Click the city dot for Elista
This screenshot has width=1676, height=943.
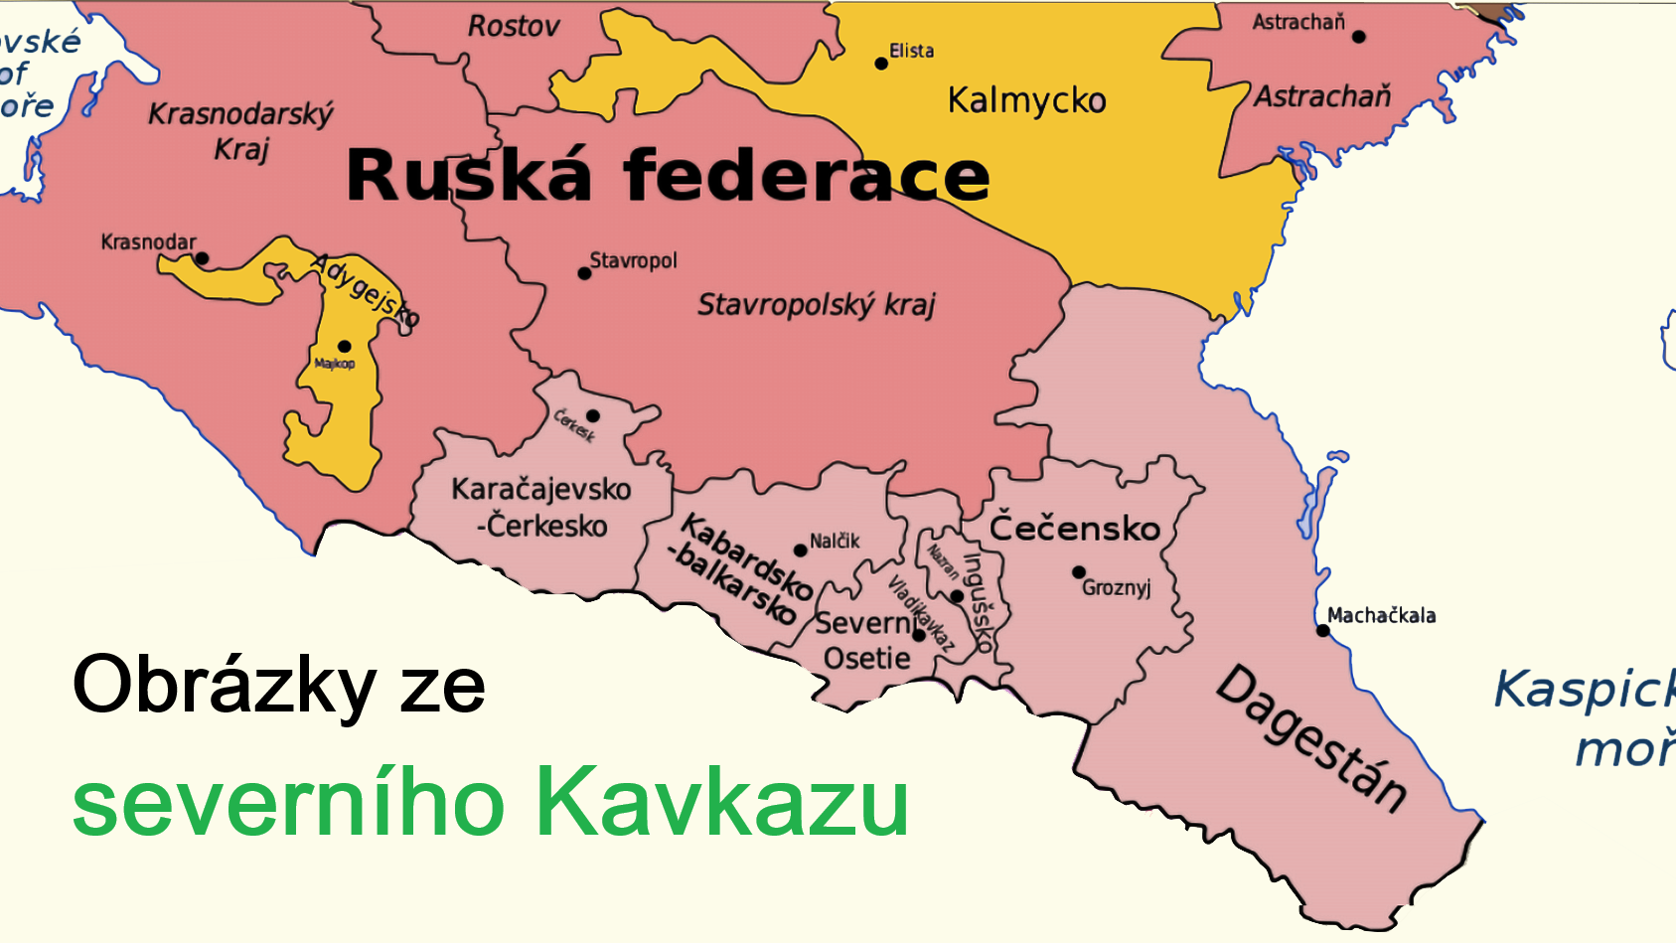[881, 64]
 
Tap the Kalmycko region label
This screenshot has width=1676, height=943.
[1026, 100]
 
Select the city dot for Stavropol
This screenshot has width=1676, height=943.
[584, 273]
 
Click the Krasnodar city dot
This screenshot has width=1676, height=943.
[202, 258]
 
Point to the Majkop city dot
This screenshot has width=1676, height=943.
[344, 347]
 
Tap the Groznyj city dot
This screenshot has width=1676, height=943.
[1078, 572]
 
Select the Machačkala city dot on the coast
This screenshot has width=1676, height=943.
[1322, 630]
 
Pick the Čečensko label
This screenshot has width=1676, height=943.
[1075, 528]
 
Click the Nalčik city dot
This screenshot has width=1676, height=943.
[800, 550]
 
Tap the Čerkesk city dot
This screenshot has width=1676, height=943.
[592, 415]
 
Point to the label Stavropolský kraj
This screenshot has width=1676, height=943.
[816, 304]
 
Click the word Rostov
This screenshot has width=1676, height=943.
[514, 26]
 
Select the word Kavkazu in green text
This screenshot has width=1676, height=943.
[721, 803]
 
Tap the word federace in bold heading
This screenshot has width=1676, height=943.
[807, 176]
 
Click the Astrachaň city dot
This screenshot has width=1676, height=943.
[1358, 37]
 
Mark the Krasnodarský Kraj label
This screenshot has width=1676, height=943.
[240, 131]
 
